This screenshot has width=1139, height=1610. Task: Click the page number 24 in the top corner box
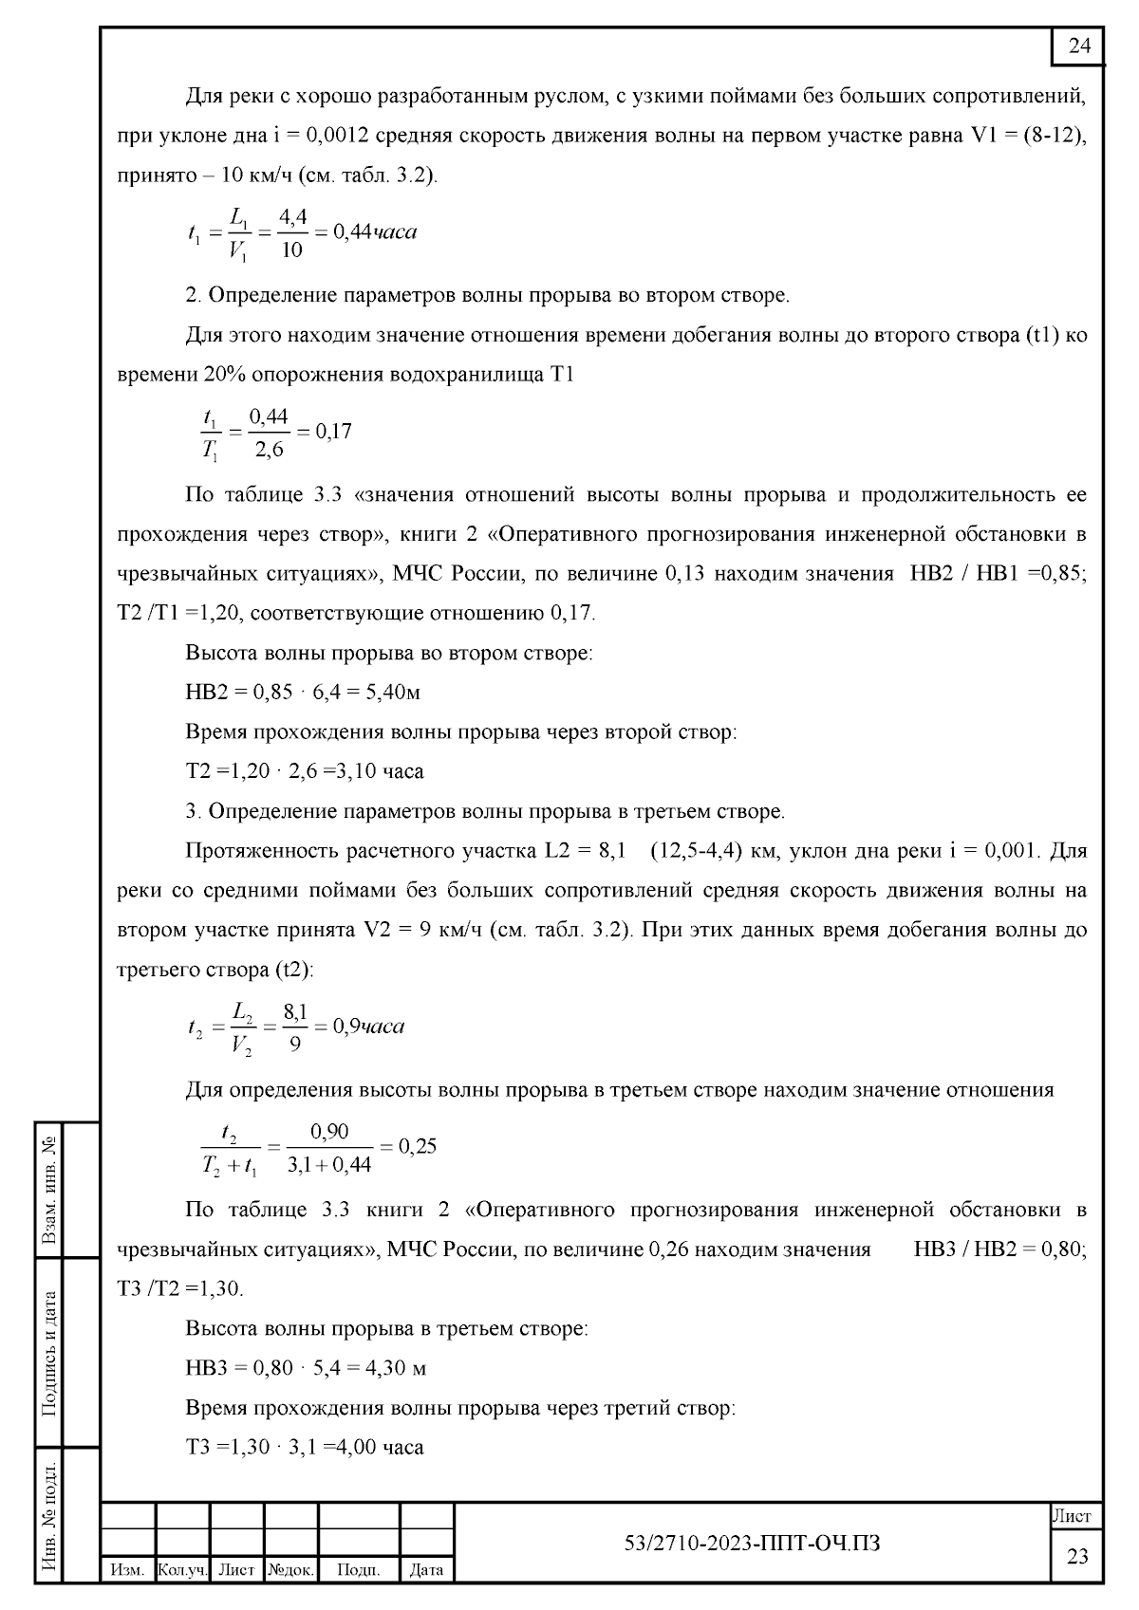click(x=1079, y=46)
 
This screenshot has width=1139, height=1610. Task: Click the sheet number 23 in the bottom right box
click(x=1077, y=1556)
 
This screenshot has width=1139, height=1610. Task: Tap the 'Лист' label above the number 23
click(x=1076, y=1516)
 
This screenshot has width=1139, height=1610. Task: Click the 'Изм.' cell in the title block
click(x=127, y=1570)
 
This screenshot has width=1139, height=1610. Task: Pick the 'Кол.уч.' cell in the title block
click(x=181, y=1570)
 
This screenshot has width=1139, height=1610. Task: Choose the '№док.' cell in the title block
click(x=290, y=1570)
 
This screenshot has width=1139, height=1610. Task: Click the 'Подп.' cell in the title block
click(x=358, y=1570)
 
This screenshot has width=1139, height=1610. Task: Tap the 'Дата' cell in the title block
click(x=426, y=1570)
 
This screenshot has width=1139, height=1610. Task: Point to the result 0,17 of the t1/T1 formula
click(x=333, y=432)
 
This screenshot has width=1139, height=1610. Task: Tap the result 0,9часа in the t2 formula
click(x=370, y=1027)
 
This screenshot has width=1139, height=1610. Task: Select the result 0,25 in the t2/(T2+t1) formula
click(x=417, y=1146)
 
